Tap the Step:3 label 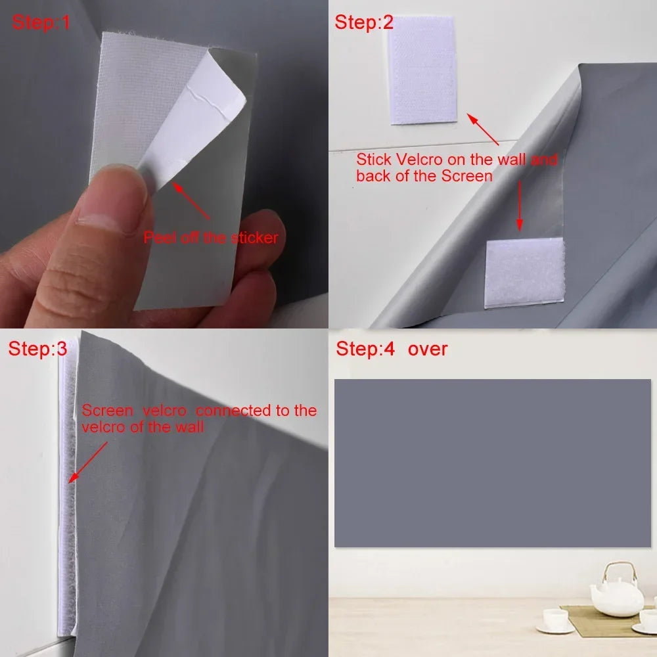[x=37, y=349]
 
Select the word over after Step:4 [x=428, y=348]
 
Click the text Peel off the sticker [x=211, y=238]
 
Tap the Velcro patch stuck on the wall [x=422, y=69]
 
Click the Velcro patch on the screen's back [x=524, y=273]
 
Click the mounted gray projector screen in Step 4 [x=492, y=463]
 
